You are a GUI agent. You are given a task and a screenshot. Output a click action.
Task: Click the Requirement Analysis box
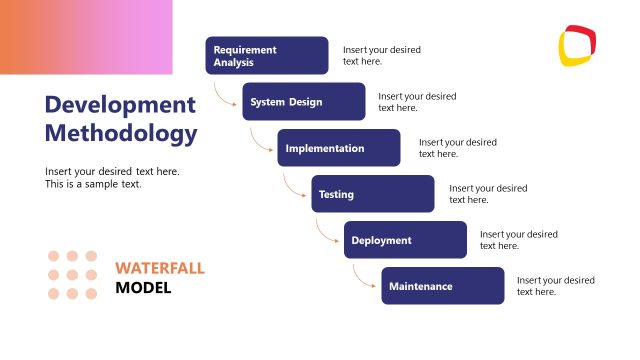point(267,56)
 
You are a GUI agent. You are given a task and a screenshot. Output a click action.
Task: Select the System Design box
point(304,102)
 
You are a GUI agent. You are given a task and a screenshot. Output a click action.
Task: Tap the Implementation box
point(339,148)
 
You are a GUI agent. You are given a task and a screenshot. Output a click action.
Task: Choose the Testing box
point(373,194)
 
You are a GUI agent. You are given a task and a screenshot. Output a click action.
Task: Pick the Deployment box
point(406,240)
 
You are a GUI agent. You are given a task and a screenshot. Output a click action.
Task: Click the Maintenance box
point(443,286)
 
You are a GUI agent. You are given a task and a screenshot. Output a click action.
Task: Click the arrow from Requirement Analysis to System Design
point(224,95)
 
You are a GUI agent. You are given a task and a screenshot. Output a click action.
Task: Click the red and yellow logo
point(577,45)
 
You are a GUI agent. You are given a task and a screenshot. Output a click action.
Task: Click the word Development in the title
point(120,105)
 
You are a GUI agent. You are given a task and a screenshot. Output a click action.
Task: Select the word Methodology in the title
point(121,134)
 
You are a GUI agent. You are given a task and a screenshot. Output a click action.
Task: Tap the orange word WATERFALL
point(159,268)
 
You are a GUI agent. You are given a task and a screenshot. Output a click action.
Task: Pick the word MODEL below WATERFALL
point(143,288)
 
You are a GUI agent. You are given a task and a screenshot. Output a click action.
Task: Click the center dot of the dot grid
point(73,275)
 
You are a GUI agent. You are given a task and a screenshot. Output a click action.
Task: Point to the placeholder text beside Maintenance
point(555,286)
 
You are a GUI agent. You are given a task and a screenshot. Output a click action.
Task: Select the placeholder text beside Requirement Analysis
point(381,55)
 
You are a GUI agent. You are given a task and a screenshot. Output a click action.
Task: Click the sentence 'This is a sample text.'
point(93,184)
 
